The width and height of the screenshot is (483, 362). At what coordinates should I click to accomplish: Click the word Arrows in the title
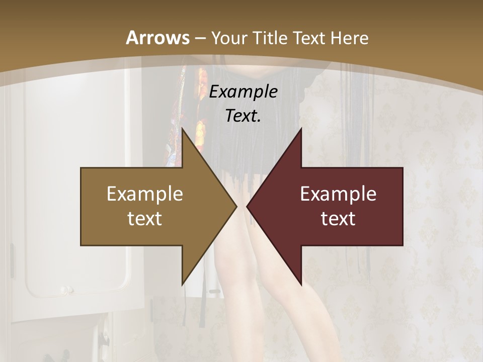click(158, 38)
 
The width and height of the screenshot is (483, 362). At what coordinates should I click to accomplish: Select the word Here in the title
click(350, 38)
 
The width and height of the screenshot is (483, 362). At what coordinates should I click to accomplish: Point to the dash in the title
click(200, 38)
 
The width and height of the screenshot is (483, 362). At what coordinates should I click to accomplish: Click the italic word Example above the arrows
click(243, 92)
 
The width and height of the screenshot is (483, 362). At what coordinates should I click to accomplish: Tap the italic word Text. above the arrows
click(243, 116)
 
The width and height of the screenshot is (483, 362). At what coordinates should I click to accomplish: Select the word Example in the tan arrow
click(145, 194)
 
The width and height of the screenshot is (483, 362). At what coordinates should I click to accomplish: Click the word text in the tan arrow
click(145, 218)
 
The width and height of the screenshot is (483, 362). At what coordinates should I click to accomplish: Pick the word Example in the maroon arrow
click(338, 194)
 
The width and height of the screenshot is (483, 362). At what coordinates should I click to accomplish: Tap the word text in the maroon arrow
click(338, 218)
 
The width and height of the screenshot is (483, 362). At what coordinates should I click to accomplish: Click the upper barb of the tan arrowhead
click(184, 132)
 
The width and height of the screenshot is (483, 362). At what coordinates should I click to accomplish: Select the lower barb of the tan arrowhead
click(184, 282)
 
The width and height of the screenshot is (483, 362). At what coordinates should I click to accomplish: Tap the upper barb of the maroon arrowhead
click(300, 132)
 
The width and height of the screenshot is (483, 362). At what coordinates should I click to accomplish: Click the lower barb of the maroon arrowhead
click(300, 282)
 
